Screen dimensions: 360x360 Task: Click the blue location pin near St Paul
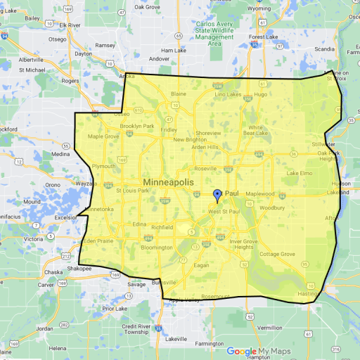[x=217, y=195]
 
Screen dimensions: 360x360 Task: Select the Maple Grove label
[x=103, y=136]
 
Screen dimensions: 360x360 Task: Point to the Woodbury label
[x=271, y=208]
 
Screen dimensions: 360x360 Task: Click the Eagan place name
[x=201, y=265]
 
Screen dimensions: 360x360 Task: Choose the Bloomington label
[x=156, y=247]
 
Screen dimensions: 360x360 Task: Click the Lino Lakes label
[x=228, y=94]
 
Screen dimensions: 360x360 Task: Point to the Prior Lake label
[x=112, y=308]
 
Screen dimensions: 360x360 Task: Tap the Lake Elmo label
[x=299, y=172]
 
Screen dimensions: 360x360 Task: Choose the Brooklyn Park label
[x=136, y=126]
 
